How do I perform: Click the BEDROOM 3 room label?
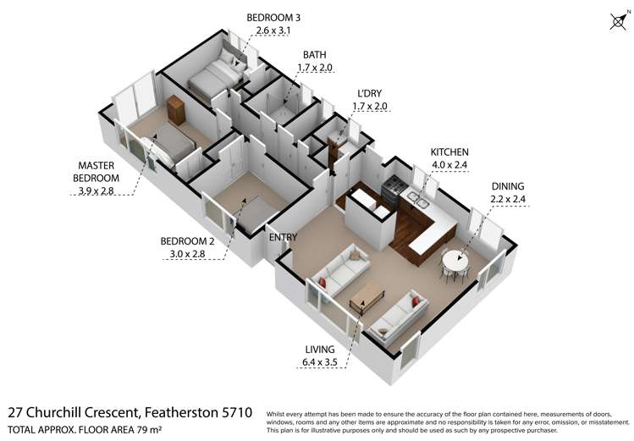tap(273, 18)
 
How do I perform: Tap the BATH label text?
tap(311, 54)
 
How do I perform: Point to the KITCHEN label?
tap(449, 152)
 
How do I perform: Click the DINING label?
tap(507, 186)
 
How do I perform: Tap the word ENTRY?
tap(283, 237)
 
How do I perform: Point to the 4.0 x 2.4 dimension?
tap(449, 165)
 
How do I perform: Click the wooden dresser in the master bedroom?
tap(176, 110)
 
